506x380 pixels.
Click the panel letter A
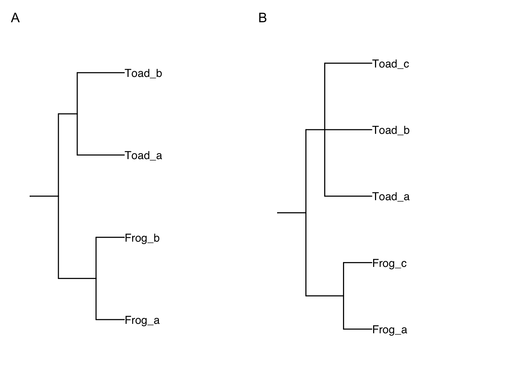[x=15, y=18]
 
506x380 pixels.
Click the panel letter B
[x=262, y=18]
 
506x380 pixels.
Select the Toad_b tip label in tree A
[x=143, y=73]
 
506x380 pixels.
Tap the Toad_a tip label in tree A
[x=143, y=155]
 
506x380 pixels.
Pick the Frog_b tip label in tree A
[x=142, y=238]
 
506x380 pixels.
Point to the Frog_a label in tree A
[x=142, y=320]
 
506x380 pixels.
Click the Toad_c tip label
[x=390, y=64]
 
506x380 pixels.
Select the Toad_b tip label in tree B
[x=391, y=130]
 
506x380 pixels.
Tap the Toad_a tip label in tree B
[x=391, y=196]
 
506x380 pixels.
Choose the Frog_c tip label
[x=389, y=263]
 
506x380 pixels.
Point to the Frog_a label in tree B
[x=389, y=329]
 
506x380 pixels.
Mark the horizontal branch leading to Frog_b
[x=110, y=237]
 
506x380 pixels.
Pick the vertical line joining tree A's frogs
[x=96, y=298]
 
